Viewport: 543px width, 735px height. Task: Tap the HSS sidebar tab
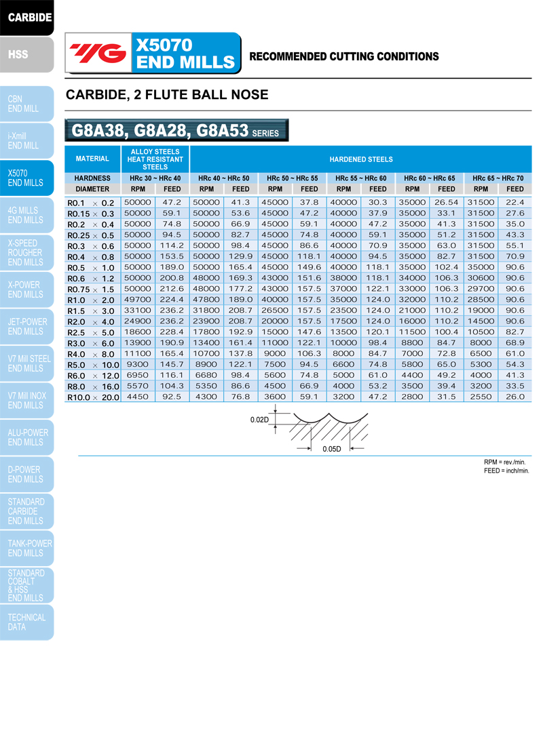pos(19,54)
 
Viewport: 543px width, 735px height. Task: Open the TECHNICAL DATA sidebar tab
pos(26,622)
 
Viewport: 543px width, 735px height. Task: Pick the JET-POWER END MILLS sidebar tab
pos(26,326)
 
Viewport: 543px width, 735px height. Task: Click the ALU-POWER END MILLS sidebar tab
pos(27,437)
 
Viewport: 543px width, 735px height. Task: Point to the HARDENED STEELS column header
pos(360,159)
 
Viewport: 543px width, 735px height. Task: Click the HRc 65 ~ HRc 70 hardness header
pos(498,178)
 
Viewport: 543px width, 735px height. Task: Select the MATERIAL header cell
pos(92,159)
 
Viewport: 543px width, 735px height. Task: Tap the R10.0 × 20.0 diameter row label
pos(92,397)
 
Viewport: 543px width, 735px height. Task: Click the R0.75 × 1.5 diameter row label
pos(92,289)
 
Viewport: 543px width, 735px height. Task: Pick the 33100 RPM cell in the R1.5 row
pos(138,311)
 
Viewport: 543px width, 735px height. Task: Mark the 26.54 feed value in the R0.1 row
pos(447,202)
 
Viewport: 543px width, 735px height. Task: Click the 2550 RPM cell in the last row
pos(481,397)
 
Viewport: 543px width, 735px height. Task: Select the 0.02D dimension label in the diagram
pos(260,420)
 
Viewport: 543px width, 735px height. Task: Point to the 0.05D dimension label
pos(331,449)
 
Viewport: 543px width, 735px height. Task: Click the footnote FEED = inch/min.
pos(506,470)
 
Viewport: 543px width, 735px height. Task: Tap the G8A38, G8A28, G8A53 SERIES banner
pos(176,130)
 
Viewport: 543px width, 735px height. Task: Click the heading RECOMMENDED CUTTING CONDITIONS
pos(344,56)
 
